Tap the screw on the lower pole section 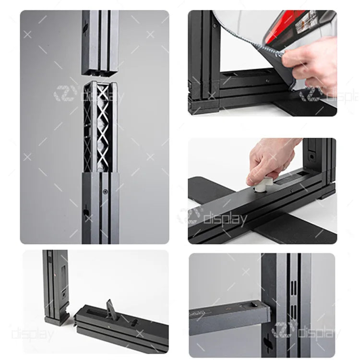pos(105,191)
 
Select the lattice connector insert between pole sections pos(100,127)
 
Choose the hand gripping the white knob pos(271,161)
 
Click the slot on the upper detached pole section pos(85,28)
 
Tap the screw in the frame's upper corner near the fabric pos(215,26)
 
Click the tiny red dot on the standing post pos(55,275)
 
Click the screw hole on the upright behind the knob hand pos(312,157)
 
